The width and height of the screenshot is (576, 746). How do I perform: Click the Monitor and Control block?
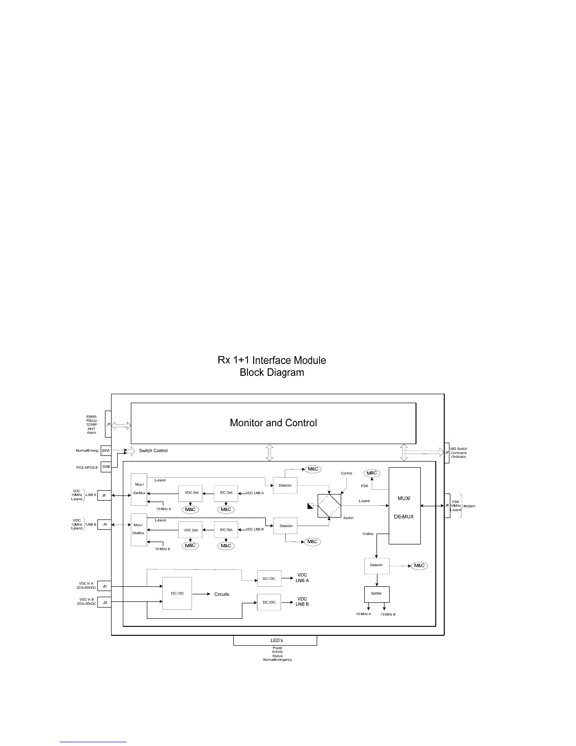click(x=273, y=423)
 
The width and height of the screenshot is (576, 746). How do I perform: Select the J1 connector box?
click(x=108, y=424)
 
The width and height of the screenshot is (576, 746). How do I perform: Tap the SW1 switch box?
click(x=106, y=451)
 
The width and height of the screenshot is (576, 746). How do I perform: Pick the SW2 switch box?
click(x=106, y=467)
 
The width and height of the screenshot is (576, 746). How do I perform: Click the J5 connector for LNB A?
click(x=104, y=495)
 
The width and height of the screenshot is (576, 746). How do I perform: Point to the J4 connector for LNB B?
click(x=104, y=524)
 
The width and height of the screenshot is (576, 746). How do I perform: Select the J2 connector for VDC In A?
click(x=104, y=586)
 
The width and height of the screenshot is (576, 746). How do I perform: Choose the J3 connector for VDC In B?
click(x=104, y=602)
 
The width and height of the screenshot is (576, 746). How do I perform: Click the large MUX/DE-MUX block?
click(x=404, y=506)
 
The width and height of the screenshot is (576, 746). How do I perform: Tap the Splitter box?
click(x=376, y=594)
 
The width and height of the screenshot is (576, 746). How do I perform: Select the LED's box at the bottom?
click(x=275, y=641)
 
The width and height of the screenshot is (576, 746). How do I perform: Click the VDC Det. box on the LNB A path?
click(x=191, y=493)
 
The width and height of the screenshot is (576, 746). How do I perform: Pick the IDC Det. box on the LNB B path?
click(x=226, y=530)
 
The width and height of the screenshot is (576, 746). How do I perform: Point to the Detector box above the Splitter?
click(x=376, y=565)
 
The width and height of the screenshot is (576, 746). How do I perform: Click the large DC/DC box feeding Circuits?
click(x=177, y=593)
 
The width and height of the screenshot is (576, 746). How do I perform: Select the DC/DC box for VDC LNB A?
click(x=269, y=578)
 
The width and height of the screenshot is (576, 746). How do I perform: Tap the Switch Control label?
click(x=153, y=451)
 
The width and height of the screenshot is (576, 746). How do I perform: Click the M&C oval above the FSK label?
click(x=372, y=473)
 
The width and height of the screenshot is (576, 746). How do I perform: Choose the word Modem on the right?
click(x=469, y=506)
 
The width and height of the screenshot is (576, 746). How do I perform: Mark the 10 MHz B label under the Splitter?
click(x=388, y=615)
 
